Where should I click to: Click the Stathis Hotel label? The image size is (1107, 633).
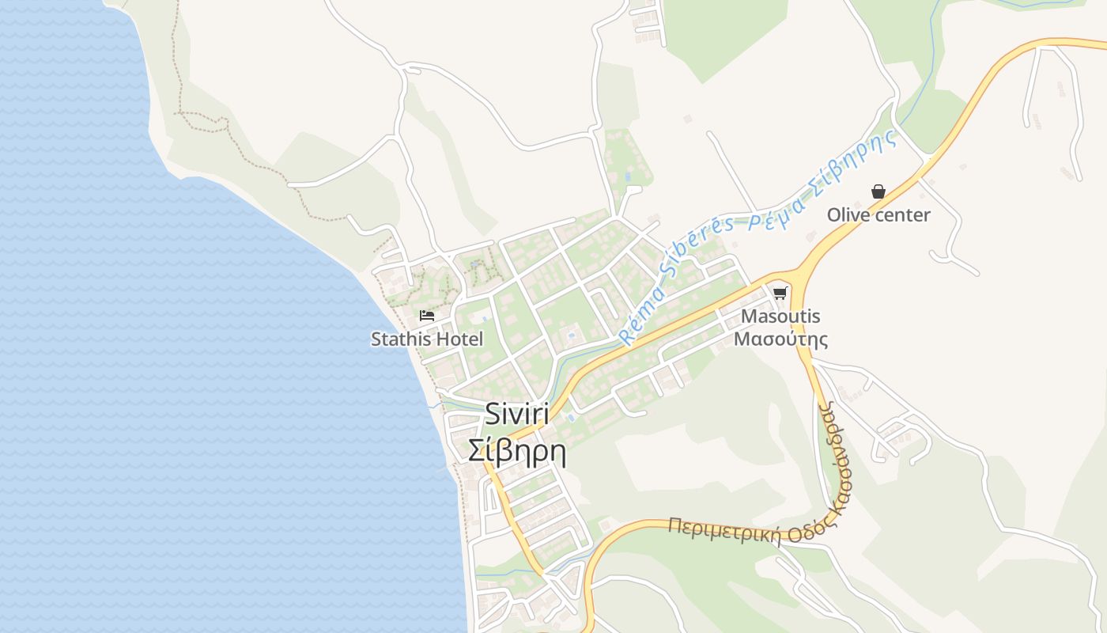[x=427, y=339]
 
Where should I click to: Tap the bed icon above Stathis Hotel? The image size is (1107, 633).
[x=427, y=315]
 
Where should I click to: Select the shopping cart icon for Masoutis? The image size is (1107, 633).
[x=780, y=294]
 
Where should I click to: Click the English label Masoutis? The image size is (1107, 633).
[x=780, y=316]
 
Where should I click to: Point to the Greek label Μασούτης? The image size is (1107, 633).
[x=780, y=339]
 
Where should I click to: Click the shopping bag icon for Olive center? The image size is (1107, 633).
[x=878, y=191]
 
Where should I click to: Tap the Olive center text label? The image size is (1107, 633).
[x=878, y=215]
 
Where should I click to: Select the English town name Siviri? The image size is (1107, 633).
[x=517, y=414]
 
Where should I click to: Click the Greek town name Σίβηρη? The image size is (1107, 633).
[x=517, y=452]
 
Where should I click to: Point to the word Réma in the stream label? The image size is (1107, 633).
[x=637, y=320]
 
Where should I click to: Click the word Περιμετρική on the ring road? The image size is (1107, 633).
[x=723, y=531]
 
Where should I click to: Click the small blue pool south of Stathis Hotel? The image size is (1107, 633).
[x=571, y=417]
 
